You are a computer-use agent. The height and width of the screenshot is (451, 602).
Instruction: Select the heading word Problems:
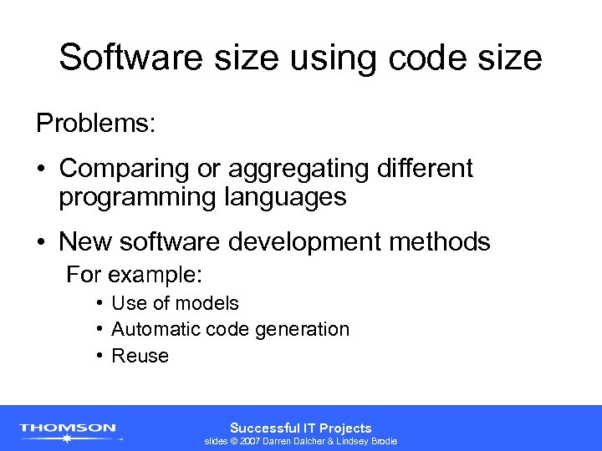click(95, 124)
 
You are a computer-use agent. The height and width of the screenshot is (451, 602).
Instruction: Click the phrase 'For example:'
click(135, 274)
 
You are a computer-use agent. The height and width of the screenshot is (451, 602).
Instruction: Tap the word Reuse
click(140, 356)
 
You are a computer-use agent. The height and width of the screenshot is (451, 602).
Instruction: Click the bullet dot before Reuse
click(99, 356)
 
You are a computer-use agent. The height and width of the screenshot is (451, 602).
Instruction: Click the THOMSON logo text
click(68, 428)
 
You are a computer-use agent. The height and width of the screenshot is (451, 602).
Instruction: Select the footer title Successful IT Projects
click(301, 427)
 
